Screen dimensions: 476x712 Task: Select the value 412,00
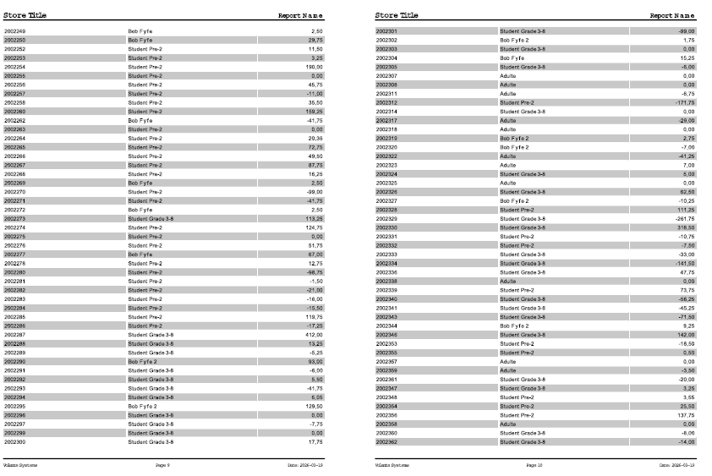(x=314, y=335)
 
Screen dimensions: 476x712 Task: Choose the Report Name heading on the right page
(x=671, y=15)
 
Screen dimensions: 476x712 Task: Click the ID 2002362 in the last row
(x=386, y=441)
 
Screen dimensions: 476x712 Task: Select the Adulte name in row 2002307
(x=507, y=76)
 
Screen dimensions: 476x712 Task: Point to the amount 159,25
(x=314, y=112)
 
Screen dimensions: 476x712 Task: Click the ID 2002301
(x=386, y=31)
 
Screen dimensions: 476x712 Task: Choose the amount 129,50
(x=314, y=406)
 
